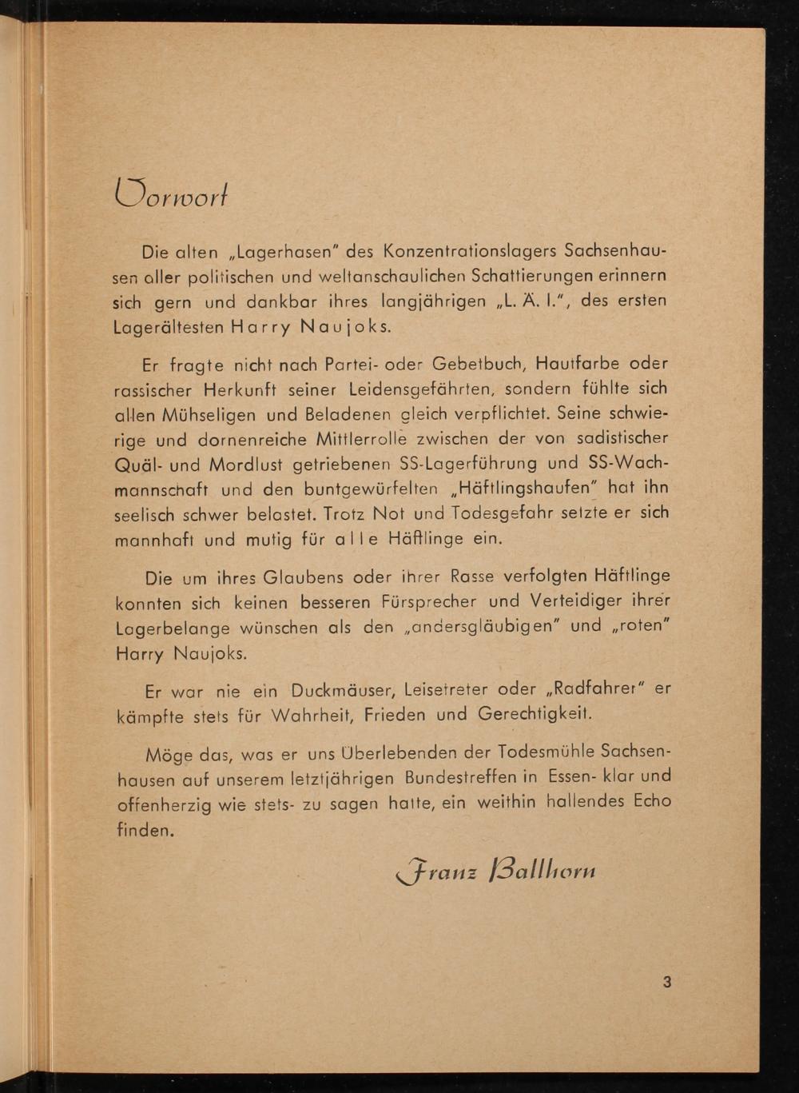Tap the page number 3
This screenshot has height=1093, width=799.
667,982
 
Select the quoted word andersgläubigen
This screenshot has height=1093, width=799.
483,626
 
